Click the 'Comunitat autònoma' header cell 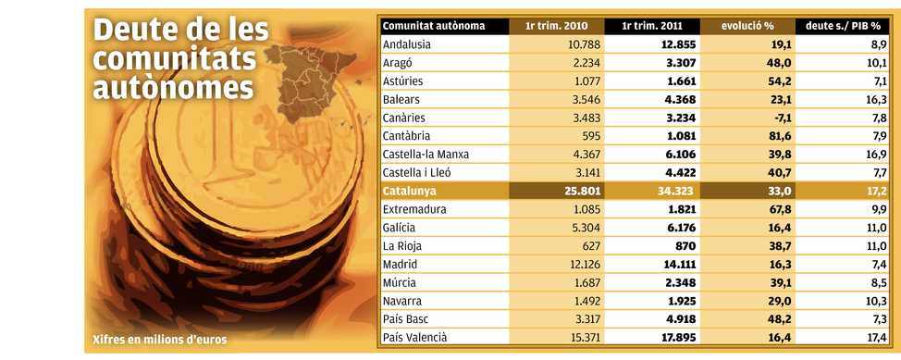[434, 26]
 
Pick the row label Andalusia [406, 44]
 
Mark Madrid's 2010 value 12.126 [581, 264]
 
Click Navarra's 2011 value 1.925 [681, 301]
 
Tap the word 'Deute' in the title [131, 31]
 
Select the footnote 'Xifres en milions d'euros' [160, 340]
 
